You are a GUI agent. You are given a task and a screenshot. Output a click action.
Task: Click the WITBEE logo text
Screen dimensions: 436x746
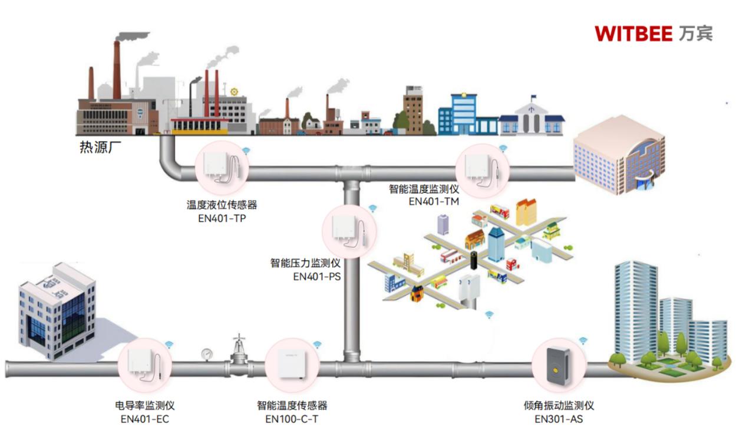tap(633, 34)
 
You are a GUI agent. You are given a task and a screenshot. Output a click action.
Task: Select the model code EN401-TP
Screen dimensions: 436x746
tap(222, 218)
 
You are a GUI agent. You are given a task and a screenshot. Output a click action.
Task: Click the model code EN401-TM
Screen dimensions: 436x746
tap(434, 201)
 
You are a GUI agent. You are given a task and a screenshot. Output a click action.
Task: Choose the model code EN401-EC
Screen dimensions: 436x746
tap(144, 419)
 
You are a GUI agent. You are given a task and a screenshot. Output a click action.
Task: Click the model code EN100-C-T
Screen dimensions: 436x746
tap(292, 419)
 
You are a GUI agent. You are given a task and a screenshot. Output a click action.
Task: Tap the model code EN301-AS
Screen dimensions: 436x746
tap(559, 419)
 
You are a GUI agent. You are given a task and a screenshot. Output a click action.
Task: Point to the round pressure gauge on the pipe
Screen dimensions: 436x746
tap(207, 353)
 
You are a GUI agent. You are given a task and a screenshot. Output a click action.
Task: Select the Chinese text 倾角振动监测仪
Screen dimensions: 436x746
tap(559, 406)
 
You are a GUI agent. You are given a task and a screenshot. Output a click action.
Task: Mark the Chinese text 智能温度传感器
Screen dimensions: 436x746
tap(292, 406)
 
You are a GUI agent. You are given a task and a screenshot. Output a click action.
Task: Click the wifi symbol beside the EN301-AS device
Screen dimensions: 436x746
tap(583, 340)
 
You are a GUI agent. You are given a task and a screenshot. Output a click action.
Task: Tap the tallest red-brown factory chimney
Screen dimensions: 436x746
tap(117, 68)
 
